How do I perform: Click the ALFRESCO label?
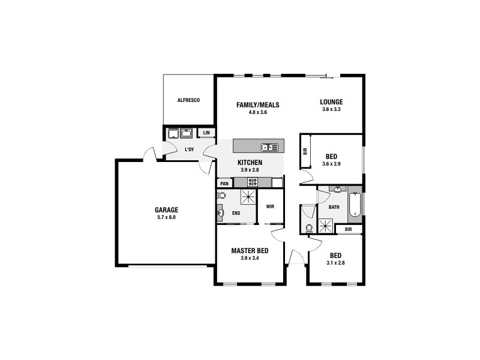pyautogui.click(x=188, y=100)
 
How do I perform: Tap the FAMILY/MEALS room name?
pyautogui.click(x=257, y=105)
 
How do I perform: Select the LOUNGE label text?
pyautogui.click(x=331, y=101)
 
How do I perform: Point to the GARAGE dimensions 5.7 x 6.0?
pyautogui.click(x=167, y=217)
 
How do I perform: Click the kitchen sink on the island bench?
pyautogui.click(x=269, y=147)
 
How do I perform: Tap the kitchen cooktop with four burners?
pyautogui.click(x=253, y=182)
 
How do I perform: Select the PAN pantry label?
pyautogui.click(x=224, y=184)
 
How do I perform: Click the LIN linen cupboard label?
pyautogui.click(x=206, y=133)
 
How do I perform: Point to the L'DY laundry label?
pyautogui.click(x=188, y=149)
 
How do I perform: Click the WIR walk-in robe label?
pyautogui.click(x=270, y=206)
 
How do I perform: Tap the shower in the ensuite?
pyautogui.click(x=248, y=196)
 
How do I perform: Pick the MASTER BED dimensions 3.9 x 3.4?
pyautogui.click(x=250, y=258)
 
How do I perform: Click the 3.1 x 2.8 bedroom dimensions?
pyautogui.click(x=335, y=263)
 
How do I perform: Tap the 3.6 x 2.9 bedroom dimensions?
pyautogui.click(x=331, y=164)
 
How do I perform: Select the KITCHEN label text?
pyautogui.click(x=250, y=163)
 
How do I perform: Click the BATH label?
pyautogui.click(x=334, y=207)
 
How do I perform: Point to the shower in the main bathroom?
pyautogui.click(x=326, y=226)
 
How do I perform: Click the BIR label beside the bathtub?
pyautogui.click(x=349, y=229)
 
